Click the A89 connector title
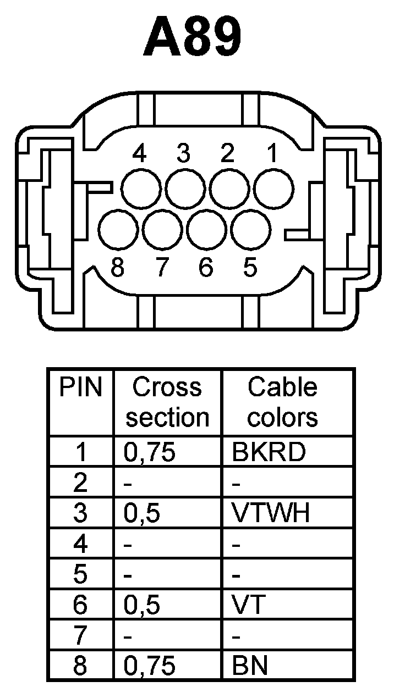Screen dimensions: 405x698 click(192, 38)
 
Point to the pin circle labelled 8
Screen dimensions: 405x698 click(118, 230)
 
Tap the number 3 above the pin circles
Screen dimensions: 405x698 click(183, 154)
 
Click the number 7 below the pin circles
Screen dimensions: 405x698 click(161, 268)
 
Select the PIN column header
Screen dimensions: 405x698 click(81, 387)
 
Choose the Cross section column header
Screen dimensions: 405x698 click(167, 402)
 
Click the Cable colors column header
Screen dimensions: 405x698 click(282, 402)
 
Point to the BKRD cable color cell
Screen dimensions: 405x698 click(269, 452)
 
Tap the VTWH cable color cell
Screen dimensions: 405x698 click(271, 513)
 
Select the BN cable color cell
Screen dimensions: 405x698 click(250, 666)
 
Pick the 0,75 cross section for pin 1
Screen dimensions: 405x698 click(150, 452)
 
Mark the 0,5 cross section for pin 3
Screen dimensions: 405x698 click(142, 513)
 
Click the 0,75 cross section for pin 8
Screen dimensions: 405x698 click(150, 666)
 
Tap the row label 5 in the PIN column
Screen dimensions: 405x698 click(80, 575)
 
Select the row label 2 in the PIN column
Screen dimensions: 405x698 click(80, 483)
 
